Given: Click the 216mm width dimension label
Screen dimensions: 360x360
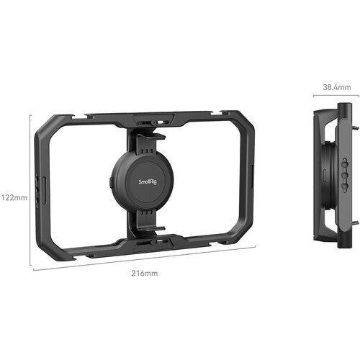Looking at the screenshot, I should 146,274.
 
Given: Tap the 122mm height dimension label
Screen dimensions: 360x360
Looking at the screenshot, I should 13,197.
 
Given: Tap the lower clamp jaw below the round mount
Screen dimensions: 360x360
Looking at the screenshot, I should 149,230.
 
